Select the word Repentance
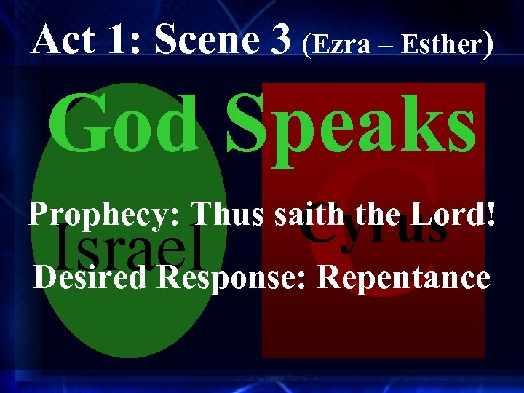click(405, 278)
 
